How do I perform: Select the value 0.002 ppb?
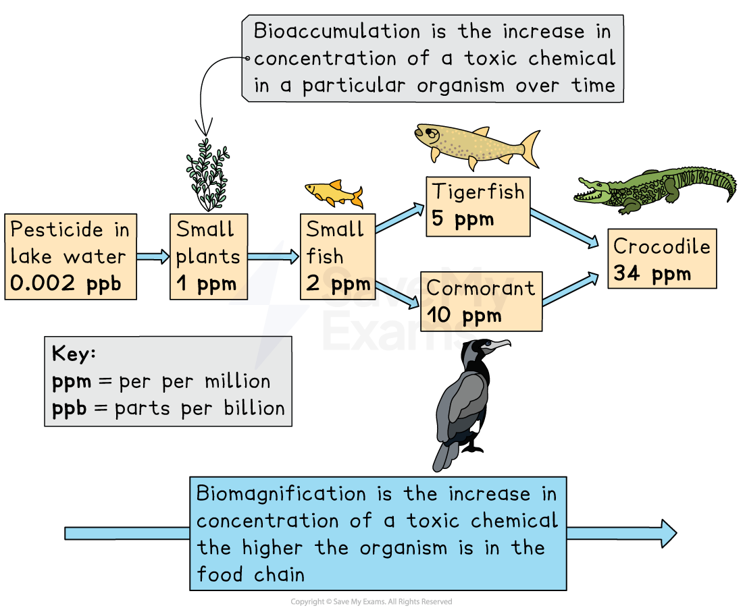pyautogui.click(x=66, y=283)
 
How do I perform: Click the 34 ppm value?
pyautogui.click(x=652, y=273)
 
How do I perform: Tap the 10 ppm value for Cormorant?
pyautogui.click(x=464, y=315)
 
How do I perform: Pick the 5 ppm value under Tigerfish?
pyautogui.click(x=463, y=219)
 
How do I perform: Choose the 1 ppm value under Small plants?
pyautogui.click(x=207, y=283)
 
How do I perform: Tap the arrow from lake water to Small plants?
pyautogui.click(x=153, y=256)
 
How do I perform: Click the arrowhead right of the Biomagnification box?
pyautogui.click(x=667, y=532)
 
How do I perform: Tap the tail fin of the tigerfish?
pyautogui.click(x=529, y=147)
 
